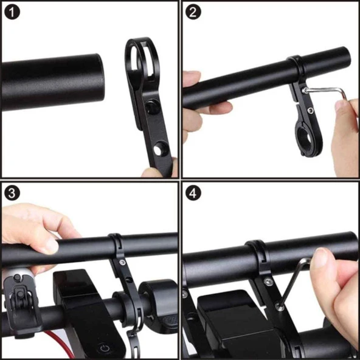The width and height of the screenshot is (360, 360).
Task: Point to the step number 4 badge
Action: [x=193, y=193]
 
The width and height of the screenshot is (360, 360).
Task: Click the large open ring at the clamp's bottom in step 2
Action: [x=304, y=141]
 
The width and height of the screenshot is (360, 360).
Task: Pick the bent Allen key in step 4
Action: [x=298, y=280]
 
